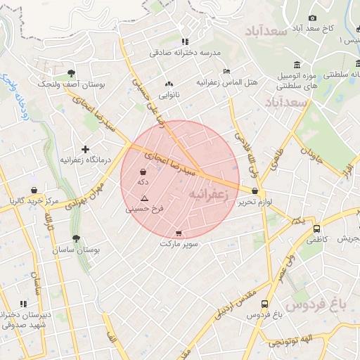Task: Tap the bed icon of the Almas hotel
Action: click(x=226, y=72)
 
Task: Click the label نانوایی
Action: click(x=169, y=94)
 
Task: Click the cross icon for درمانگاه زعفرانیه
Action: click(x=86, y=149)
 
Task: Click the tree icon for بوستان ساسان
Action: click(x=76, y=238)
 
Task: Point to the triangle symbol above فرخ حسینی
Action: click(x=144, y=199)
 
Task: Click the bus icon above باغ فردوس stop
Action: click(x=264, y=304)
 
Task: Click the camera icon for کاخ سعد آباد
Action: click(x=312, y=18)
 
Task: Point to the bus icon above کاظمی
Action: click(x=316, y=229)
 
